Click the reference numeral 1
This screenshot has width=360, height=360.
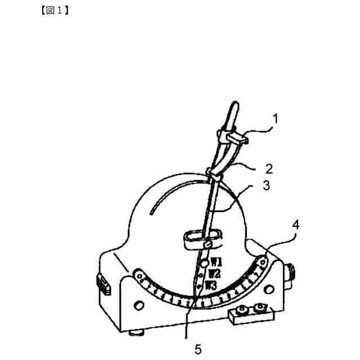click(275, 119)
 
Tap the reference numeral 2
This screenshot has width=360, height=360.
click(269, 168)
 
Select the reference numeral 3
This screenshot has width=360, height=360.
click(264, 186)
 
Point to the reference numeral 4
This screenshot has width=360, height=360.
click(295, 225)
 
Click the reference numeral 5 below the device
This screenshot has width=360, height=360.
click(197, 349)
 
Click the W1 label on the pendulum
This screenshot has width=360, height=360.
click(217, 262)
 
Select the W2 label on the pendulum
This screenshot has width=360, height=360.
click(214, 274)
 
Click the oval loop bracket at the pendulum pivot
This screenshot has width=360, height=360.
click(200, 240)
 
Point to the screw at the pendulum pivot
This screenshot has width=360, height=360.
click(209, 245)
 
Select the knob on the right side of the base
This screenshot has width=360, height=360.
click(292, 274)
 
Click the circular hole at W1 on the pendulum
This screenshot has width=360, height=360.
click(206, 263)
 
